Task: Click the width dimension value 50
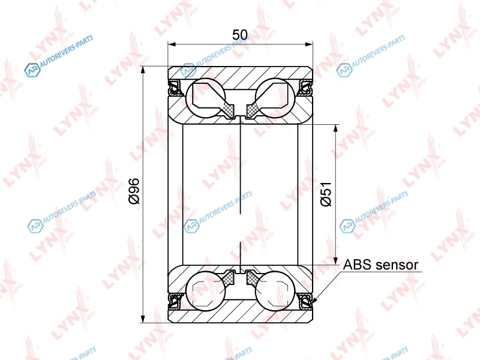click(240, 35)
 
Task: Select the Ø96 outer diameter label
click(134, 191)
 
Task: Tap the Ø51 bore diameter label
click(326, 194)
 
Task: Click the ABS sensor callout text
click(380, 265)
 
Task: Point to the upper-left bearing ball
click(205, 98)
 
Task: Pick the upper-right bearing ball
click(275, 98)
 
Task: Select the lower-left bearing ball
click(205, 291)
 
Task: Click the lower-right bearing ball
click(275, 291)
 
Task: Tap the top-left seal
click(176, 87)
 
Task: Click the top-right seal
click(305, 87)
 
